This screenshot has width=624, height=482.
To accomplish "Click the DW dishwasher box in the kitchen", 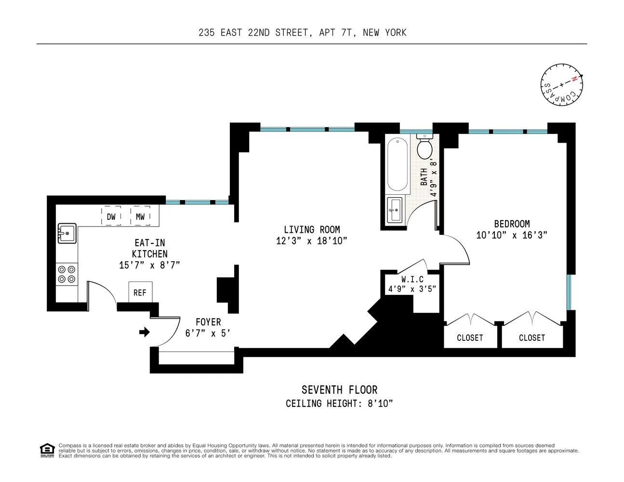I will [111, 216].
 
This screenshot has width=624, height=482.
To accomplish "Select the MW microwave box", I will [140, 216].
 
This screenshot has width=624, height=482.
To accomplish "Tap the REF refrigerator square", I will [140, 292].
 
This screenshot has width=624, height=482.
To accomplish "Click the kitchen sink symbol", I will [67, 233].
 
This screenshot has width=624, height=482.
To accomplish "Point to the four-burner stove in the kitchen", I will [66, 274].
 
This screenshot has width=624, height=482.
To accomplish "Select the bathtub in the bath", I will [398, 164].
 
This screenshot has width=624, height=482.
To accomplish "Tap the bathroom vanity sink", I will [395, 210].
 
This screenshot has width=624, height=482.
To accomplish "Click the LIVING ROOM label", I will [312, 230].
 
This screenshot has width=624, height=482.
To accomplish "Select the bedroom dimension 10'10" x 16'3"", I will [512, 235].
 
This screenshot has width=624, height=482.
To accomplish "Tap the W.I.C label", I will [412, 280].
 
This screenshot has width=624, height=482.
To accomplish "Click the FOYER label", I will [208, 322].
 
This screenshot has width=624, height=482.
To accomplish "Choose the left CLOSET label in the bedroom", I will [470, 338].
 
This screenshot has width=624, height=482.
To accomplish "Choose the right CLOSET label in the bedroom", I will [532, 338].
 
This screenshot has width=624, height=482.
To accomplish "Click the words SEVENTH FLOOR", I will [339, 389].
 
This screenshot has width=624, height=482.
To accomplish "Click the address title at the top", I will [303, 33].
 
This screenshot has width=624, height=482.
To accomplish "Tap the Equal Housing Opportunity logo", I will [47, 450].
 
